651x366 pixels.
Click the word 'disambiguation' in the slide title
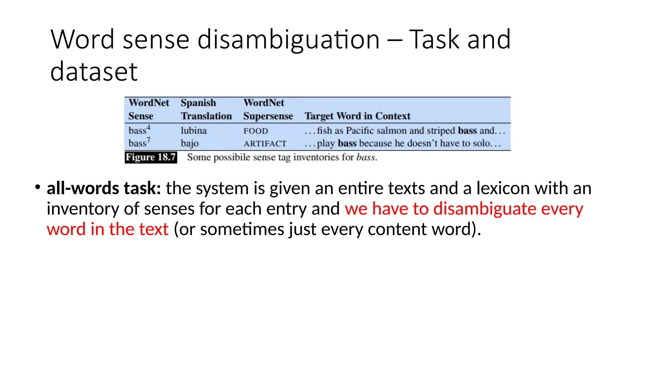[x=288, y=40]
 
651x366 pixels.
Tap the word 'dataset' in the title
[x=94, y=71]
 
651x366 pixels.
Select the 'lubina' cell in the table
[x=194, y=131]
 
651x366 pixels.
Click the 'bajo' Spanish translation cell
[x=190, y=143]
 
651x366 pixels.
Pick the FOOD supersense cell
[x=256, y=131]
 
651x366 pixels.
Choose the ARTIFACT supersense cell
[x=265, y=144]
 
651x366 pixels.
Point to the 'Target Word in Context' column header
[x=357, y=116]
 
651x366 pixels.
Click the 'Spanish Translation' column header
[x=206, y=109]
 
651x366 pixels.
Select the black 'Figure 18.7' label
[x=151, y=157]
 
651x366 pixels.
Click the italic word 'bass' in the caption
[x=366, y=157]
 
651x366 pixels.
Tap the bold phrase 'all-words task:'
[x=104, y=188]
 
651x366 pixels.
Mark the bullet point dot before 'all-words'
[x=38, y=187]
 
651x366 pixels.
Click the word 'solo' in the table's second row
[x=481, y=143]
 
